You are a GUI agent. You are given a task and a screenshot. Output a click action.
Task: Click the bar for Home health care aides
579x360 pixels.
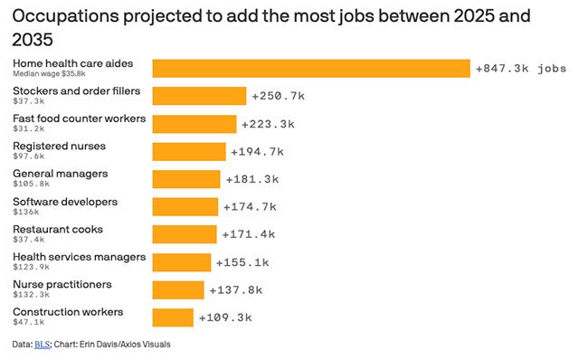coord(311,69)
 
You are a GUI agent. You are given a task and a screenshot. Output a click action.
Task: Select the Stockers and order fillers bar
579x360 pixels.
coord(199,96)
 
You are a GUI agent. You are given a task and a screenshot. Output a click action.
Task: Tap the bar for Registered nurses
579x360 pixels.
coord(189,152)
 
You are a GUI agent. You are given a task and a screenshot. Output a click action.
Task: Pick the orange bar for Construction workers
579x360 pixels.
coord(173,317)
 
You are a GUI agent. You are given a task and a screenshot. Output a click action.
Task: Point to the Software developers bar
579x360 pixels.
coord(185,207)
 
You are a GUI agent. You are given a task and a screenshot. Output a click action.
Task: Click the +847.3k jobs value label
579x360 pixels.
coord(521,69)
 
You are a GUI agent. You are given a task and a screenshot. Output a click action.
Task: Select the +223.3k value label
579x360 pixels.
coord(269,124)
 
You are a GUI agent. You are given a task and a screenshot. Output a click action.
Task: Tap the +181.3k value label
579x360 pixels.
coord(252,179)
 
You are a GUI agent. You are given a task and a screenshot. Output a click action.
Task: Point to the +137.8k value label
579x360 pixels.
coord(236,290)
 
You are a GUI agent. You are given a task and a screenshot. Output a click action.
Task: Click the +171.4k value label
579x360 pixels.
coord(249,234)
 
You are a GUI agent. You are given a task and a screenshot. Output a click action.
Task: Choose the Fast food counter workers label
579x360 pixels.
coord(79,118)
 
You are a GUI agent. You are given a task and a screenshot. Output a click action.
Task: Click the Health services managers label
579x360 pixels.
coord(79,257)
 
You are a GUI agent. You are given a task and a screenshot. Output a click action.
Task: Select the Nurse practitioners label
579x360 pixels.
coord(62,285)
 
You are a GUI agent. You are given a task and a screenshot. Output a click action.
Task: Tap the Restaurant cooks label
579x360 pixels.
coord(58,229)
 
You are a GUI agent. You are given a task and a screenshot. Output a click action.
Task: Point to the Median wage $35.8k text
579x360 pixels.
coord(49,74)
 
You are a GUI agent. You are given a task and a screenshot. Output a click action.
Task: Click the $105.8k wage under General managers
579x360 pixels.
coord(31,184)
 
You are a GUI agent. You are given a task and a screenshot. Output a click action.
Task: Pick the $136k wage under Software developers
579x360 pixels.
coord(26,212)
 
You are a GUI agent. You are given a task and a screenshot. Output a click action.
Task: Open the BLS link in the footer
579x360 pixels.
coord(43,345)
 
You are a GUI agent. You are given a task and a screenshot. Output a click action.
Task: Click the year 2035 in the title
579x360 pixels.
coord(33,40)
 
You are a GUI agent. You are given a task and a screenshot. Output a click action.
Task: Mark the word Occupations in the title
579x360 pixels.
coord(66,17)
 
